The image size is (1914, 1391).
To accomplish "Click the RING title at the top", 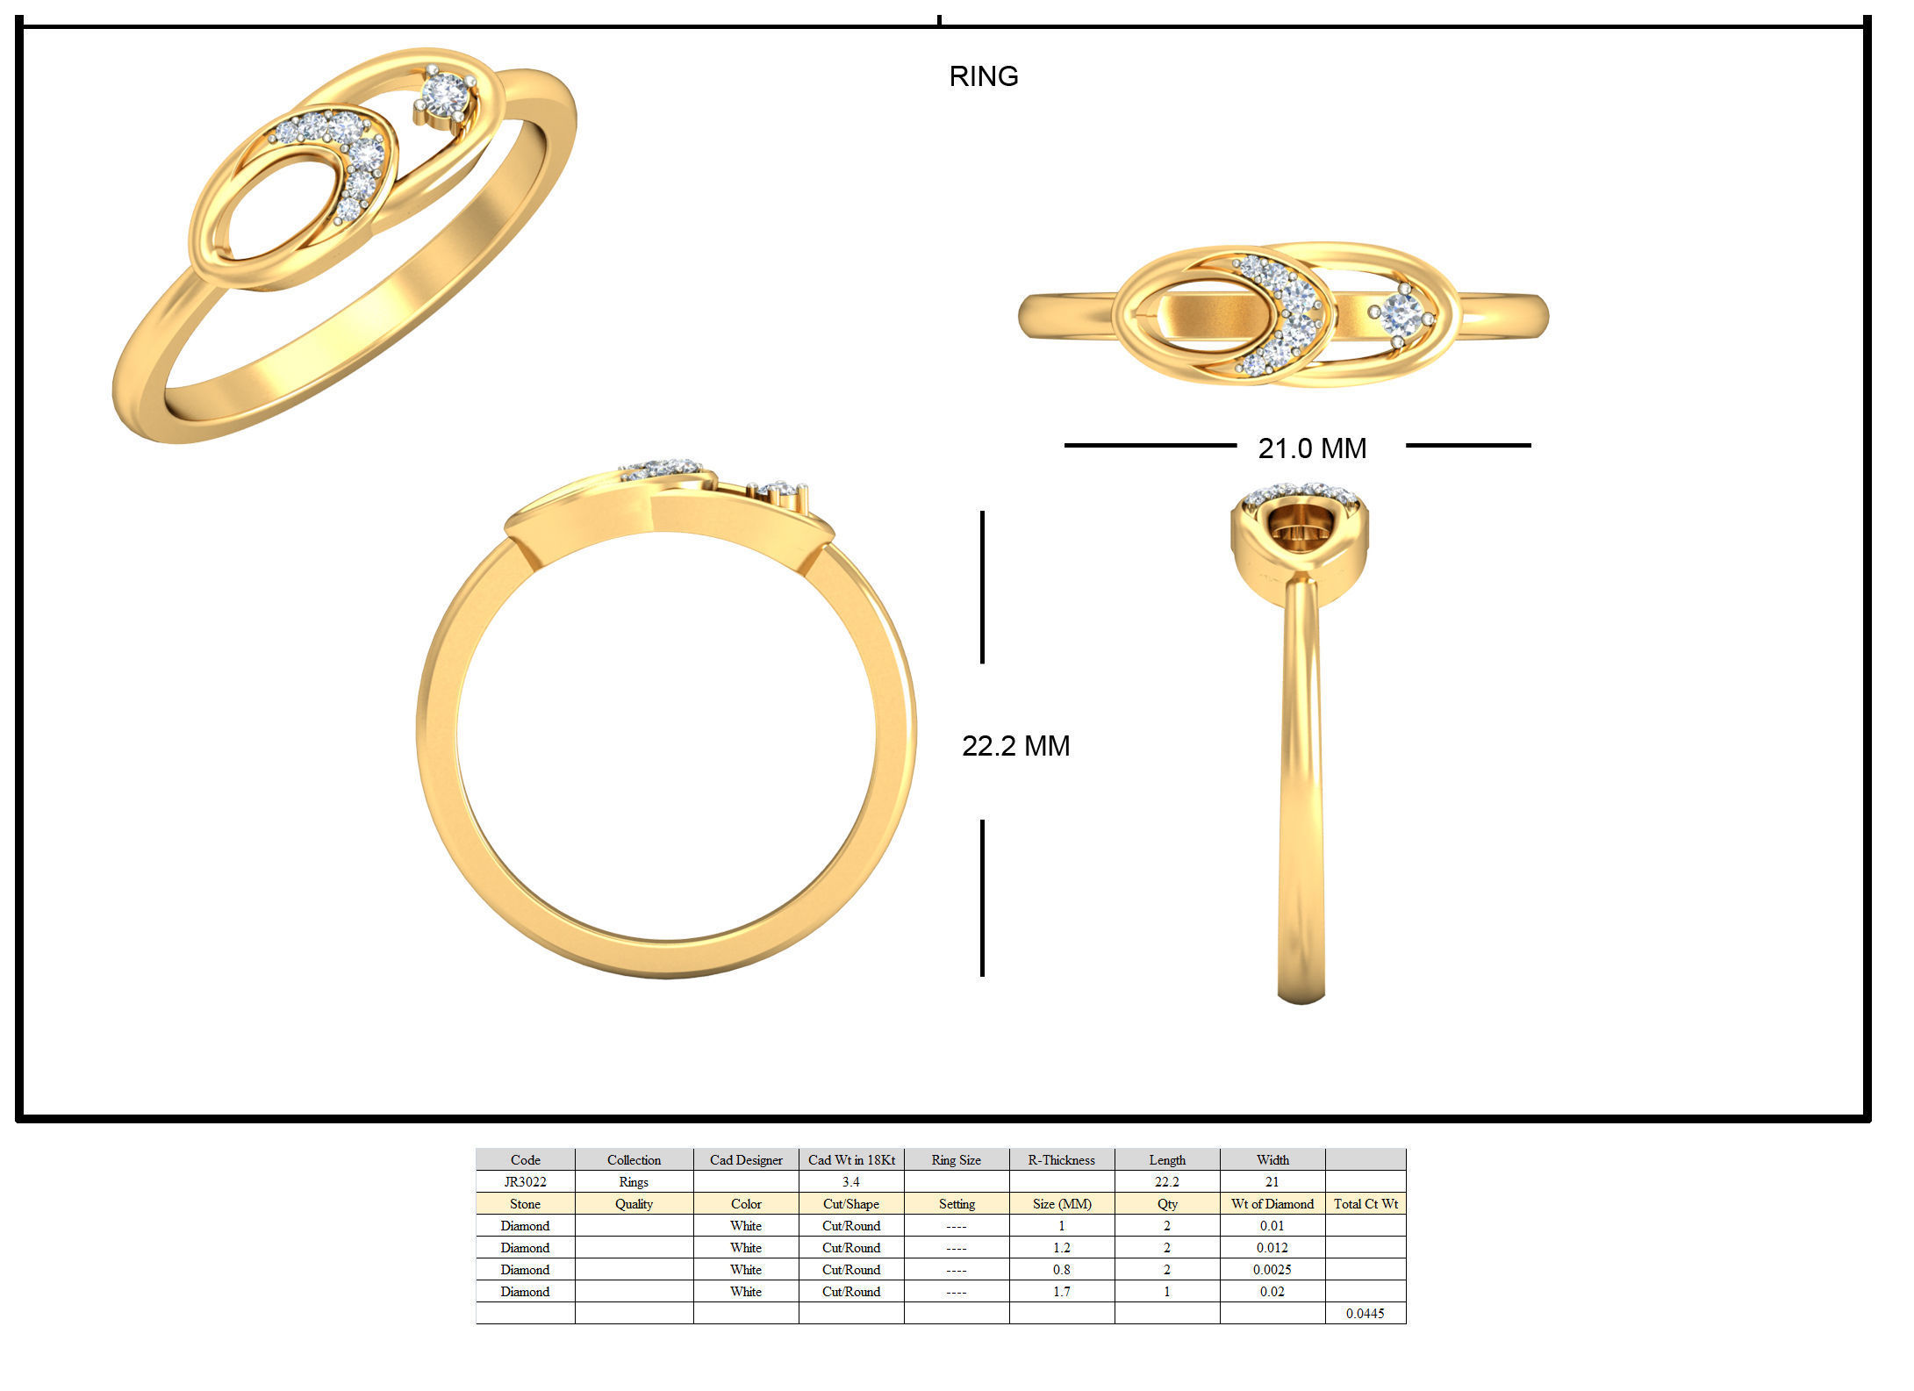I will coord(983,76).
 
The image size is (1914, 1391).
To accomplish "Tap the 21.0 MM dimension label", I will coord(1311,448).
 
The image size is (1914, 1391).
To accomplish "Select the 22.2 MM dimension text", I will coord(1015,746).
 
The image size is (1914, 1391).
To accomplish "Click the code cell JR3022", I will coord(525,1181).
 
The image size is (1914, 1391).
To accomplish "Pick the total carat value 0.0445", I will coord(1365,1313).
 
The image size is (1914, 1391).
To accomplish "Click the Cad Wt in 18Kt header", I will coord(850,1159).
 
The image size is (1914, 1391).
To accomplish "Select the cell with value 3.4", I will coord(850,1181).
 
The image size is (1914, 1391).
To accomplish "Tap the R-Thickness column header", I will coord(1061,1159).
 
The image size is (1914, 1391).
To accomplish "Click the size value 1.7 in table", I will coord(1061,1291).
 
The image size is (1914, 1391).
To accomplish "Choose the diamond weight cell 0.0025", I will coord(1272,1269).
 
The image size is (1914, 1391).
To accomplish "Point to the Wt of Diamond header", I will coord(1272,1203).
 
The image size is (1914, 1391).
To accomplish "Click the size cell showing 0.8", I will coord(1061,1269).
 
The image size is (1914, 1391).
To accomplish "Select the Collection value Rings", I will coord(633,1181).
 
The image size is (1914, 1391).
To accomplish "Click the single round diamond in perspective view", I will coord(446,92).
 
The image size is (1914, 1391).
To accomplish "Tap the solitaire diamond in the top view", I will coord(1401,313).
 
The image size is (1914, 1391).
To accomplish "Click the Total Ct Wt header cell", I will coord(1365,1203).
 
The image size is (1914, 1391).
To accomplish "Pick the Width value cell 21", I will coord(1272,1181).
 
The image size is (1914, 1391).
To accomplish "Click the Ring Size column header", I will coord(956,1159).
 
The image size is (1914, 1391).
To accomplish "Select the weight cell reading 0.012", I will coord(1272,1247).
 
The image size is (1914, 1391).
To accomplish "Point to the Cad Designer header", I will coord(745,1159).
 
